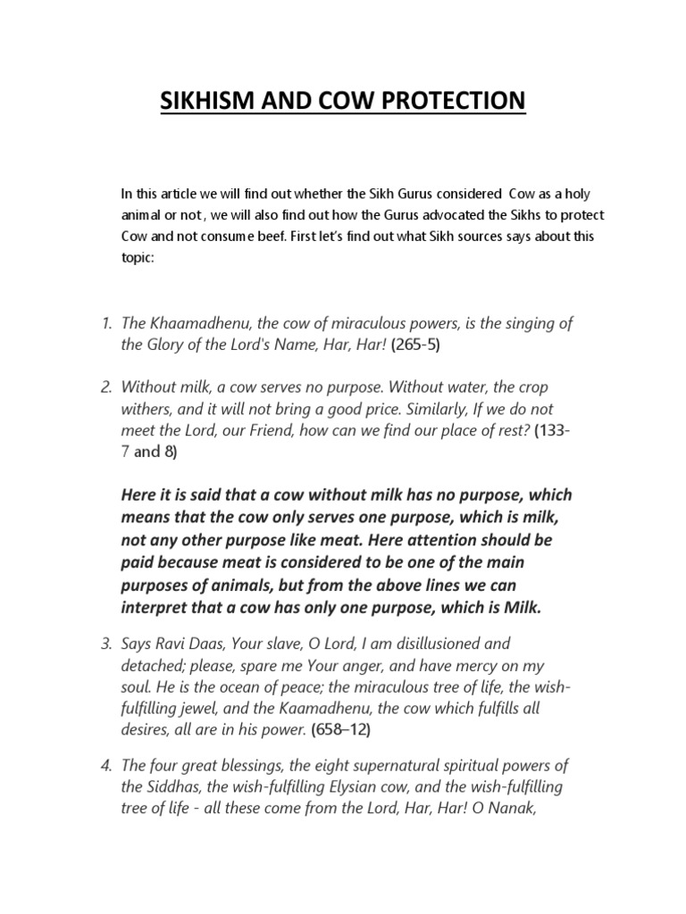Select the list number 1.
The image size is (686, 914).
105,324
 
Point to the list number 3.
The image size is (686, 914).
105,644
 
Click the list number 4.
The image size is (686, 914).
105,766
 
